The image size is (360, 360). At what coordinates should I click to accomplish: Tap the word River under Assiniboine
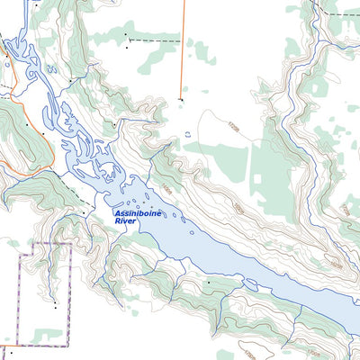click(127, 224)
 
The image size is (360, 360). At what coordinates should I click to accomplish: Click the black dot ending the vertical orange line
click(181, 99)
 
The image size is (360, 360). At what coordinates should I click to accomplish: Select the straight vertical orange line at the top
click(183, 45)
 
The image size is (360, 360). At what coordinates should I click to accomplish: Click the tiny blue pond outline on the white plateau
click(187, 135)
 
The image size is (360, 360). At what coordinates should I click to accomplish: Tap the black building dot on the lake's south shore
click(209, 282)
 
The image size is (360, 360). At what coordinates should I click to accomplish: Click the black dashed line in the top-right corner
click(342, 15)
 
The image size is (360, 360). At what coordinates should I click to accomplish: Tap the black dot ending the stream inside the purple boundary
click(54, 306)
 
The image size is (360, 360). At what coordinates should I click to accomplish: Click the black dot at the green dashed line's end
click(85, 213)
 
